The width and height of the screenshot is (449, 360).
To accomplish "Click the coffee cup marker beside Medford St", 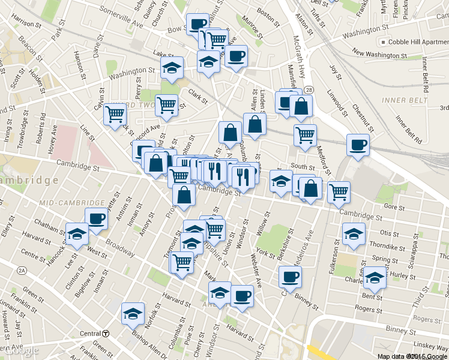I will [358, 145].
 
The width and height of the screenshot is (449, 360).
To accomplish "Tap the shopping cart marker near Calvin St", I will [115, 114].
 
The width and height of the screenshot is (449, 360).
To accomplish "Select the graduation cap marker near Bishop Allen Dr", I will [133, 313].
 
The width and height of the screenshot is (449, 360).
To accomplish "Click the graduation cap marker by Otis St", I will [353, 234].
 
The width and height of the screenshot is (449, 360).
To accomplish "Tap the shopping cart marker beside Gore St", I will [339, 192].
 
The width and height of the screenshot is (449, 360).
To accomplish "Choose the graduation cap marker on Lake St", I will [172, 67].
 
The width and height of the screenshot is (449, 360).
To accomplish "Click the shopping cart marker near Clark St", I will [166, 105].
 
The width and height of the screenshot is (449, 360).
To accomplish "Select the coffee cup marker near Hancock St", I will [96, 219].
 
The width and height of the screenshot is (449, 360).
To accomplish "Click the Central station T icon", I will [106, 334].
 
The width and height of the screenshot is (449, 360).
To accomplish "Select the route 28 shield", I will [308, 89].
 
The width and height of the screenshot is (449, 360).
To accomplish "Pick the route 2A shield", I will [21, 271].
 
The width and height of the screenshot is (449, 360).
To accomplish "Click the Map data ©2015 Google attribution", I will [412, 356].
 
